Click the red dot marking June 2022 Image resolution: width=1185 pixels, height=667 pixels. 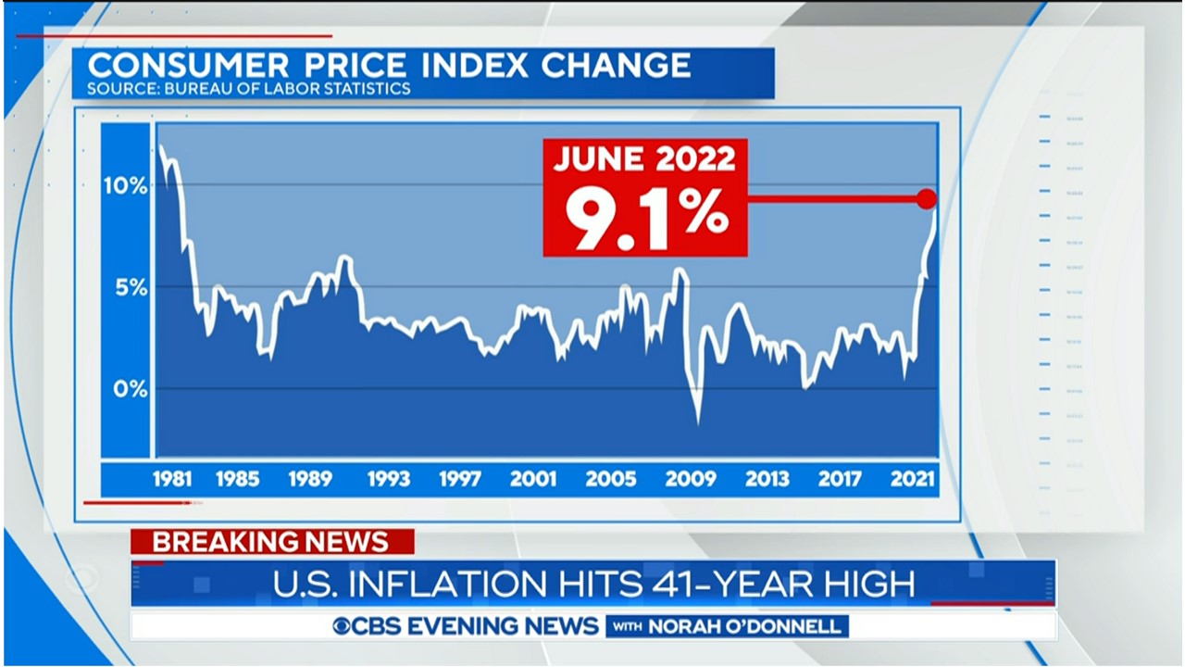pos(927,198)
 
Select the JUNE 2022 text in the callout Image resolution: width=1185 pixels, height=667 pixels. pos(644,159)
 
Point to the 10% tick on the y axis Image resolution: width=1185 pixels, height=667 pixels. pos(125,186)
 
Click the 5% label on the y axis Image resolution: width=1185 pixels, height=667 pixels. pos(131,287)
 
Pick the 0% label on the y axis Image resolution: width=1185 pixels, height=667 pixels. pos(131,389)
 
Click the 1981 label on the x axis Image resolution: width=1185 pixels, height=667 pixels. pos(172,479)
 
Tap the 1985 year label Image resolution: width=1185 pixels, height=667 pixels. pos(237,479)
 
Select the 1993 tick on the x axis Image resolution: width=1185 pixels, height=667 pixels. pos(389,479)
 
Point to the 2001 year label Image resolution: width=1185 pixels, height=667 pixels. pos(533,479)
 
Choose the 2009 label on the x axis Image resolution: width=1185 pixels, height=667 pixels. pos(690,479)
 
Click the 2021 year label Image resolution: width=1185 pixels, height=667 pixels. pos(913,479)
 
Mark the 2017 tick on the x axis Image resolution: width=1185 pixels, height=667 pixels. pos(839,479)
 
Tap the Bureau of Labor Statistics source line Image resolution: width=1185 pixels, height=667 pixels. pos(248,90)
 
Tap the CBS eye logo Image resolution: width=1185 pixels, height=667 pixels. pos(343,626)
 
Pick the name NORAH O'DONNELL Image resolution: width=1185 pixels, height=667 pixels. pos(745,626)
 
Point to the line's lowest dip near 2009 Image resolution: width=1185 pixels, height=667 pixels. pos(698,423)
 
